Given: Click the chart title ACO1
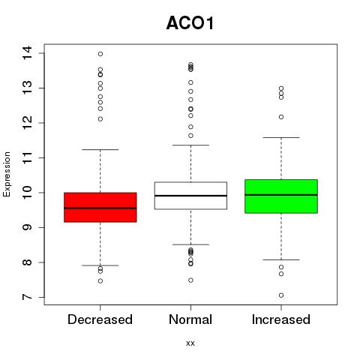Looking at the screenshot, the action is coord(190,23).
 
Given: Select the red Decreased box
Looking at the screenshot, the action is coord(100,207).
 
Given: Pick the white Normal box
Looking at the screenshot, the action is coord(190,196).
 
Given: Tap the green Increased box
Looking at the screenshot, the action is coord(281,196).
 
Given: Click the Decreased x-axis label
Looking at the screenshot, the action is coord(100,319).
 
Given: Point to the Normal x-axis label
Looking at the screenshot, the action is coord(190,319).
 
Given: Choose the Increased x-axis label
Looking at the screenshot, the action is coord(281,319).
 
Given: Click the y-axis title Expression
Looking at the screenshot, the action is coord(7,174).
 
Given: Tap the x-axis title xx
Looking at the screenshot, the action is coord(190,343).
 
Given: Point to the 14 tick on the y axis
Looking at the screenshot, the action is coord(27,53).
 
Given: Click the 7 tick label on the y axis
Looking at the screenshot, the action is coord(27,297).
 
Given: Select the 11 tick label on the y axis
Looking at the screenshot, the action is coord(27,157).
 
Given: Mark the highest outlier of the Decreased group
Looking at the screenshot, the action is coord(100,54).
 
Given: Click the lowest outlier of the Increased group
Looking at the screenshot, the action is coord(281,295).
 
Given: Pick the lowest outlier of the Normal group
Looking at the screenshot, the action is coord(190,280).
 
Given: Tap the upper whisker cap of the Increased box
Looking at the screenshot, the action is coord(281,137).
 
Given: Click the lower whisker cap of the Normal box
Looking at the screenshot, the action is coord(190,244).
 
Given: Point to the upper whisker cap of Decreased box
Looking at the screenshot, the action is coord(100,149).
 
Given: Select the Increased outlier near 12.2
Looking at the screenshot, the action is coord(281,117).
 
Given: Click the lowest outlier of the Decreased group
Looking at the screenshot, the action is coord(100,281).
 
